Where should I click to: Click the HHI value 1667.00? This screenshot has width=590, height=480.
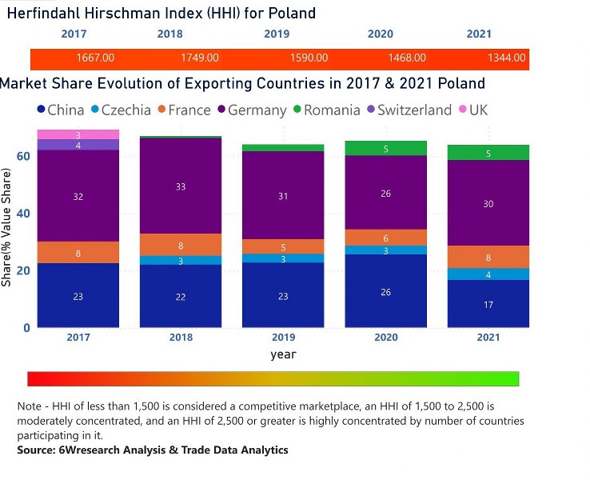(x=95, y=58)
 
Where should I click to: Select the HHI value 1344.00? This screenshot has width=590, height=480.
(x=507, y=58)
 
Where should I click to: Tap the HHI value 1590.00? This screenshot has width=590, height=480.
(x=309, y=58)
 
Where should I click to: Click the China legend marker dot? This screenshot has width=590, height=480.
(x=40, y=110)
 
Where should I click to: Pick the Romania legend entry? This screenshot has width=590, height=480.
(x=325, y=110)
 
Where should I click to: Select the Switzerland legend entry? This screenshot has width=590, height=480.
(x=409, y=110)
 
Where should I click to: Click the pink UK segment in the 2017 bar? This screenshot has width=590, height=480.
(x=78, y=134)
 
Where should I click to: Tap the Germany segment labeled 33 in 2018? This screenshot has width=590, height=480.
(x=181, y=186)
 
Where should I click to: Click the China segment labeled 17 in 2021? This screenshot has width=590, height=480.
(x=488, y=303)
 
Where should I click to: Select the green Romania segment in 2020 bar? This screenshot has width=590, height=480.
(x=386, y=148)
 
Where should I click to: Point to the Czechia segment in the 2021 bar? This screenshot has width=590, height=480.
(x=488, y=274)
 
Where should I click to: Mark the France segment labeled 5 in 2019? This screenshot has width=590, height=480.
(x=284, y=246)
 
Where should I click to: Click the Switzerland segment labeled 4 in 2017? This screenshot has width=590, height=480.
(x=78, y=145)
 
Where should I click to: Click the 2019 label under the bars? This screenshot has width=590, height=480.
(x=284, y=337)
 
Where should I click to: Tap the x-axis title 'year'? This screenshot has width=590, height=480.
(x=283, y=354)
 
